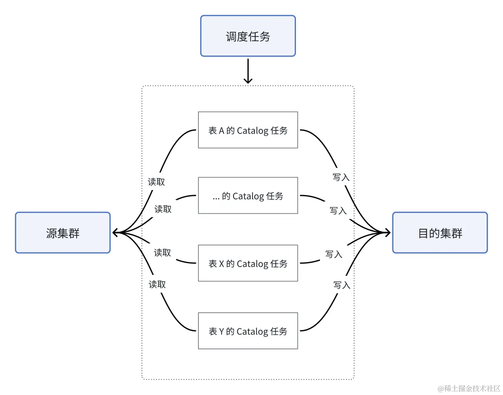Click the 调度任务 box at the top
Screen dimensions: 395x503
point(248,36)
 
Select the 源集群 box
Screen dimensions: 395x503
point(63,233)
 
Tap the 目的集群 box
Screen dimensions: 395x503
point(440,233)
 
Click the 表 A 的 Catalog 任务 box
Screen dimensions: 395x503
point(248,130)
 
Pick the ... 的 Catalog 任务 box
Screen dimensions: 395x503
point(248,196)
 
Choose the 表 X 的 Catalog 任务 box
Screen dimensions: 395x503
point(248,263)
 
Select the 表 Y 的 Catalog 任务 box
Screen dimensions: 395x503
point(248,331)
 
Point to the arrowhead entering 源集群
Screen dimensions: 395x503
point(115,233)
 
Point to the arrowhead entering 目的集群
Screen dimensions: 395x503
point(388,233)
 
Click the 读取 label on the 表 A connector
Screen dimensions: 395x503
point(156,182)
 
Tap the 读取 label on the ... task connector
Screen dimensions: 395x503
point(163,209)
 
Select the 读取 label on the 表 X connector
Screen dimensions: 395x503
point(163,252)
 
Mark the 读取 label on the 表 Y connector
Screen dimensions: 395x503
point(157,284)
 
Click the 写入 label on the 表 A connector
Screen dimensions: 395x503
point(341,177)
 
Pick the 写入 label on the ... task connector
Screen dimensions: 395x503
point(338,210)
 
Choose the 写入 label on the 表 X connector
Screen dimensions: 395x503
point(334,254)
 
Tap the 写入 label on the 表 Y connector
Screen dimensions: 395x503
point(341,285)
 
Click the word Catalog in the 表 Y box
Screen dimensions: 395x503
point(252,331)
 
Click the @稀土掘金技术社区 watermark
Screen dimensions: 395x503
point(469,388)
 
